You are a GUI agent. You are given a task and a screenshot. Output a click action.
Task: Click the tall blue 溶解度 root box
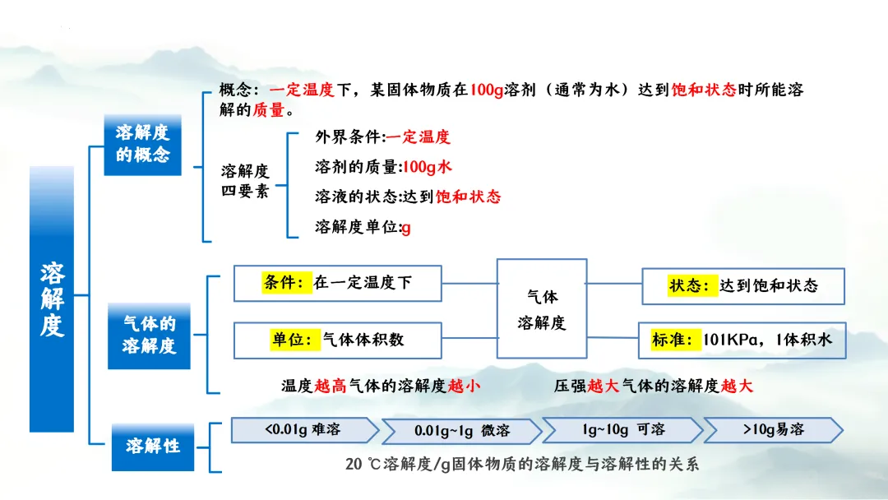pos(51,299)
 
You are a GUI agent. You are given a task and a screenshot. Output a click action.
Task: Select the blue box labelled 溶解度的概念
pos(142,144)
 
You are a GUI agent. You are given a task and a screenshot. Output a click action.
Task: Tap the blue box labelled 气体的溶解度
pos(149,336)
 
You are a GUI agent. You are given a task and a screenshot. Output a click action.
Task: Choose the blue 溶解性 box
pos(153,447)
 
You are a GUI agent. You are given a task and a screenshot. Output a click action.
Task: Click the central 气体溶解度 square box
pos(542,308)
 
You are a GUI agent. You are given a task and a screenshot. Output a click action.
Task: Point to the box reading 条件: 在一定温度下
pos(338,284)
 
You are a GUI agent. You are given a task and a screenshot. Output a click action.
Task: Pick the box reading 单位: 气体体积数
pos(338,340)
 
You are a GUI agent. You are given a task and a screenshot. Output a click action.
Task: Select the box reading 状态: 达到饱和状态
pos(742,286)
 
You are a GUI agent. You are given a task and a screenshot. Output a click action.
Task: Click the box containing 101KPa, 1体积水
pos(742,340)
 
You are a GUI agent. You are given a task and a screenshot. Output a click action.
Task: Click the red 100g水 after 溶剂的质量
pos(426,167)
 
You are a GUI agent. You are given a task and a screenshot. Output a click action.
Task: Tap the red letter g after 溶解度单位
pos(406,227)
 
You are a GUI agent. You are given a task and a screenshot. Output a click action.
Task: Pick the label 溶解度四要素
pos(245,182)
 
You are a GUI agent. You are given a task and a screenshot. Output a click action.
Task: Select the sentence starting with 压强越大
pos(653,386)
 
